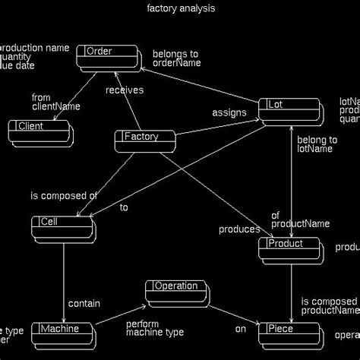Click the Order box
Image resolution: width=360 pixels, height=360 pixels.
coord(107,55)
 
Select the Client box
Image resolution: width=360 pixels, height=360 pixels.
coord(39,131)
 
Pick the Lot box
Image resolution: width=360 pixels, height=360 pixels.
coord(289,109)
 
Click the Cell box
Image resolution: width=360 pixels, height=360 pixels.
coord(62,226)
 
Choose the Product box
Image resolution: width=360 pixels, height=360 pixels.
coord(289,248)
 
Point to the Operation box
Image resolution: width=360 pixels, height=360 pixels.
coord(176,291)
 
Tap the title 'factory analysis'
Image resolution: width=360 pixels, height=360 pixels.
coord(180,9)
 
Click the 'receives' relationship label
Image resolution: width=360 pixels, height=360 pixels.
coord(125,91)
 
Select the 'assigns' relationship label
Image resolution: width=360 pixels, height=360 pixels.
coord(229,112)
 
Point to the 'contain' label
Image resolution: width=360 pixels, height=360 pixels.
coord(84,304)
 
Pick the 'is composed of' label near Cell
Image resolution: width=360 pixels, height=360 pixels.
coord(64,196)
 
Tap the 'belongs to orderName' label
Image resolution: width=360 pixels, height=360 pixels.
coord(176,58)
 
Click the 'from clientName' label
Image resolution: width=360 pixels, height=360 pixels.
coord(55,102)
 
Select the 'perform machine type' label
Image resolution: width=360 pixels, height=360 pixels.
coord(155,328)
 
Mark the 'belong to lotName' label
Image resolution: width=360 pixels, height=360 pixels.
coord(317,144)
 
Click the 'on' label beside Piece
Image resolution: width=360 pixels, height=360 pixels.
coord(240,329)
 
